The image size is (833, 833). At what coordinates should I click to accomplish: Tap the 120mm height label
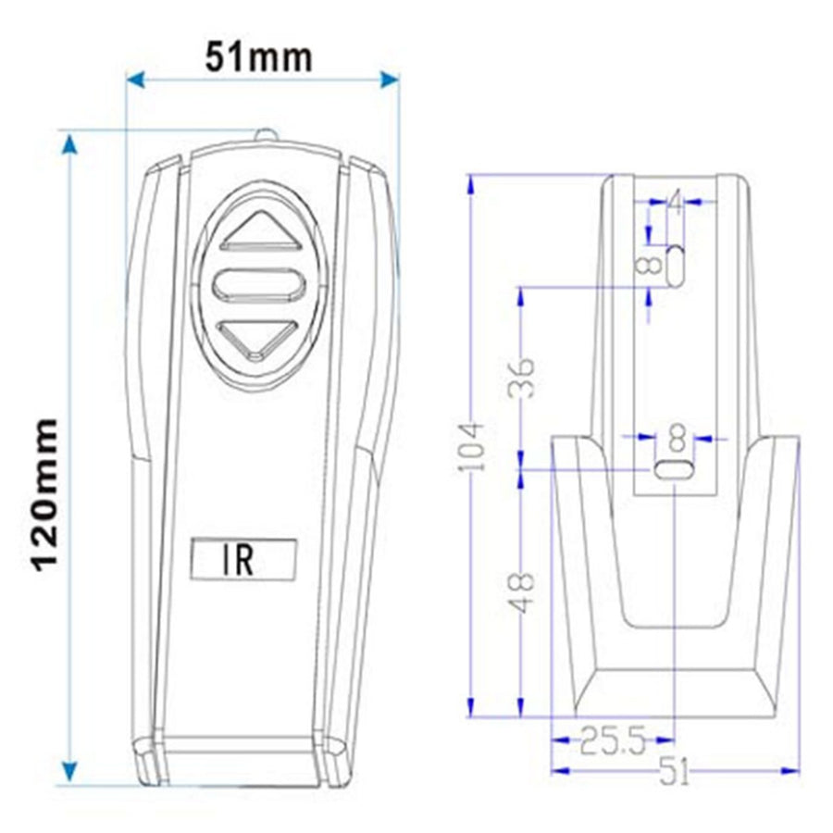click(x=45, y=495)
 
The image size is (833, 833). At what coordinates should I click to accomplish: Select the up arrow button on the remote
click(x=260, y=231)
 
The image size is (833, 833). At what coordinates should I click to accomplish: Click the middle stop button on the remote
click(x=259, y=284)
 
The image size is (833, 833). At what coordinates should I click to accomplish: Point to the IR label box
click(x=242, y=559)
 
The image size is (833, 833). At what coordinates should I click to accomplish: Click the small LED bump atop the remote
click(x=266, y=135)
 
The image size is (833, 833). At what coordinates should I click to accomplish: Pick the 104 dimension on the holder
click(x=471, y=446)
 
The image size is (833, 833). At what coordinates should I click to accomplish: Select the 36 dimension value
click(x=520, y=378)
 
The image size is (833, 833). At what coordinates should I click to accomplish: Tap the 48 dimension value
click(x=520, y=592)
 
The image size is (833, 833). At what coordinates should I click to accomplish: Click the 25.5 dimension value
click(x=613, y=740)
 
